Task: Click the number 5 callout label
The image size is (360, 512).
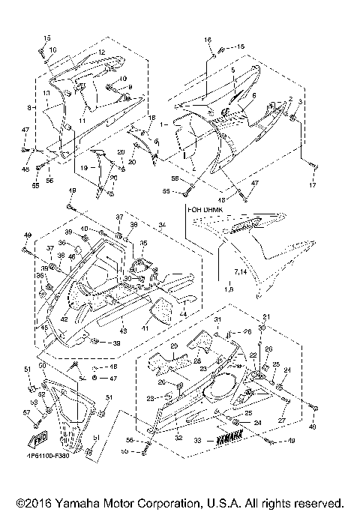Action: [233, 70]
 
